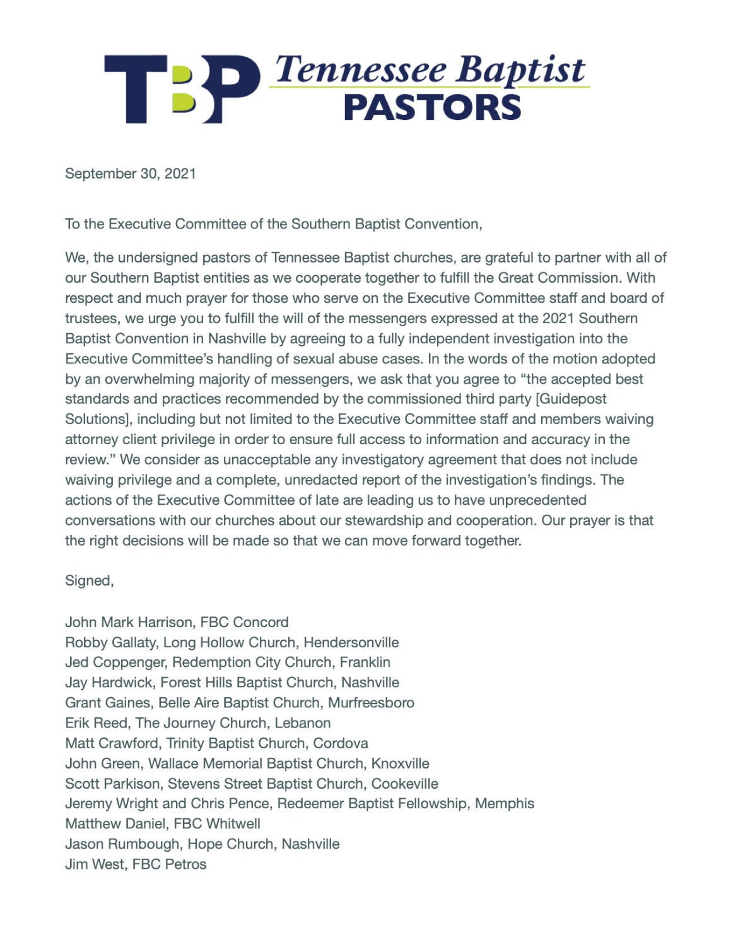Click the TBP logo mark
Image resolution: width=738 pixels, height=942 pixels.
click(182, 89)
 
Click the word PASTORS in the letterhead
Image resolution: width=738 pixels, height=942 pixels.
click(433, 108)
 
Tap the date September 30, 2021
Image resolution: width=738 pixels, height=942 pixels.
click(131, 174)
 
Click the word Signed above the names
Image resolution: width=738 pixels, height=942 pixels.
click(88, 580)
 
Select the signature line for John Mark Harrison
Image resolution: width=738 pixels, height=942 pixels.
click(177, 622)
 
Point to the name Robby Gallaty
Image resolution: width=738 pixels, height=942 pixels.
click(110, 642)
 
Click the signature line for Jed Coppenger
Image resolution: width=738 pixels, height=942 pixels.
click(228, 662)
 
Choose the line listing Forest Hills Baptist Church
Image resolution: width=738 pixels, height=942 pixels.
click(232, 683)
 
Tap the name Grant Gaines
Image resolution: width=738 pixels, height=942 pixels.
click(107, 703)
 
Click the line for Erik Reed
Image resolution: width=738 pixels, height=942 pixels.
click(197, 723)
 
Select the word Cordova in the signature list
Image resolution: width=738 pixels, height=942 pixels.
click(341, 743)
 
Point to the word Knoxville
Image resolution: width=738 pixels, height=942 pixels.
click(400, 763)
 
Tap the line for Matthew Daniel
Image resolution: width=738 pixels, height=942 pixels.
click(163, 824)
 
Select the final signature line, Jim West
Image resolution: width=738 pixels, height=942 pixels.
click(136, 864)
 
